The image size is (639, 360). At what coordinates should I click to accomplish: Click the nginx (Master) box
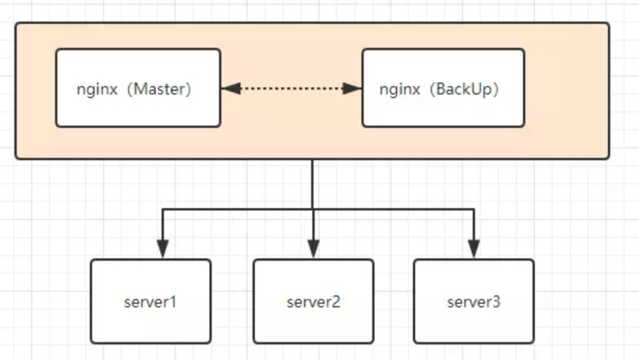[138, 88]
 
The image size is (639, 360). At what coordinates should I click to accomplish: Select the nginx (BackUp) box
[443, 88]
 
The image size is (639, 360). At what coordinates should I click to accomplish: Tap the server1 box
[151, 301]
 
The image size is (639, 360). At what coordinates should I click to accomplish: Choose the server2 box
[314, 301]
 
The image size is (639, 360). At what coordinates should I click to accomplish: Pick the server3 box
[473, 301]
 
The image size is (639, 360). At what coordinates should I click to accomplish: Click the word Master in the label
[159, 89]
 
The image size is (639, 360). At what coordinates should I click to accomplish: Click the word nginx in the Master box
[97, 89]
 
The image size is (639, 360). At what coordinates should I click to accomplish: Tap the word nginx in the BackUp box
[400, 89]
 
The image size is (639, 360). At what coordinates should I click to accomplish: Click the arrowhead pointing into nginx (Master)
[230, 89]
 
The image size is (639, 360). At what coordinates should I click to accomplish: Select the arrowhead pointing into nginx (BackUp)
[353, 89]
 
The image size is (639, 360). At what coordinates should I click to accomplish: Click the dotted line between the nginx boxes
[291, 89]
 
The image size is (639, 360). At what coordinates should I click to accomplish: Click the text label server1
[151, 302]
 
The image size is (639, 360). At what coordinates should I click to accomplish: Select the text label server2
[314, 302]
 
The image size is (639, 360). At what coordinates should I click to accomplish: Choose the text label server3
[473, 302]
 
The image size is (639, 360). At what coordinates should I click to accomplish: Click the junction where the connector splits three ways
[313, 209]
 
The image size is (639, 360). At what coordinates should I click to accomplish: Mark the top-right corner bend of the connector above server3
[474, 209]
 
